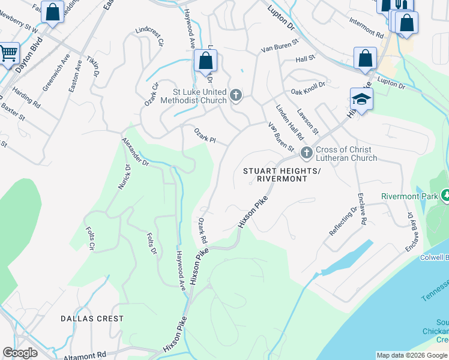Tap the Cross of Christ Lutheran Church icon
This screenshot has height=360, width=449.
click(306, 154)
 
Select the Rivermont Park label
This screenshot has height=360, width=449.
click(411, 196)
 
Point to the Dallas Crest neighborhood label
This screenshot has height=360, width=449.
click(92, 319)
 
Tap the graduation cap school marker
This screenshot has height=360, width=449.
click(362, 99)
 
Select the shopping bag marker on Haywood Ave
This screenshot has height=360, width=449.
click(205, 61)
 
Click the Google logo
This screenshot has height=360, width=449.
click(20, 353)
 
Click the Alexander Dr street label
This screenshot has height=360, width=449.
click(134, 151)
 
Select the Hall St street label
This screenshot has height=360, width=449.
click(306, 59)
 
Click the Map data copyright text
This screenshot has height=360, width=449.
click(412, 355)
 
